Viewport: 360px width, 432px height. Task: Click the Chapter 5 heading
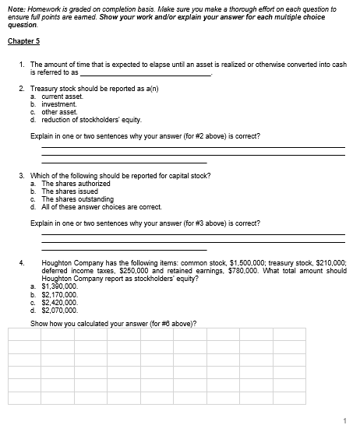point(23,40)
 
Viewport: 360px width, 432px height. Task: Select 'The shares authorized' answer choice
point(76,183)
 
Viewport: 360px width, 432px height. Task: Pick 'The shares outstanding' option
point(78,198)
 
